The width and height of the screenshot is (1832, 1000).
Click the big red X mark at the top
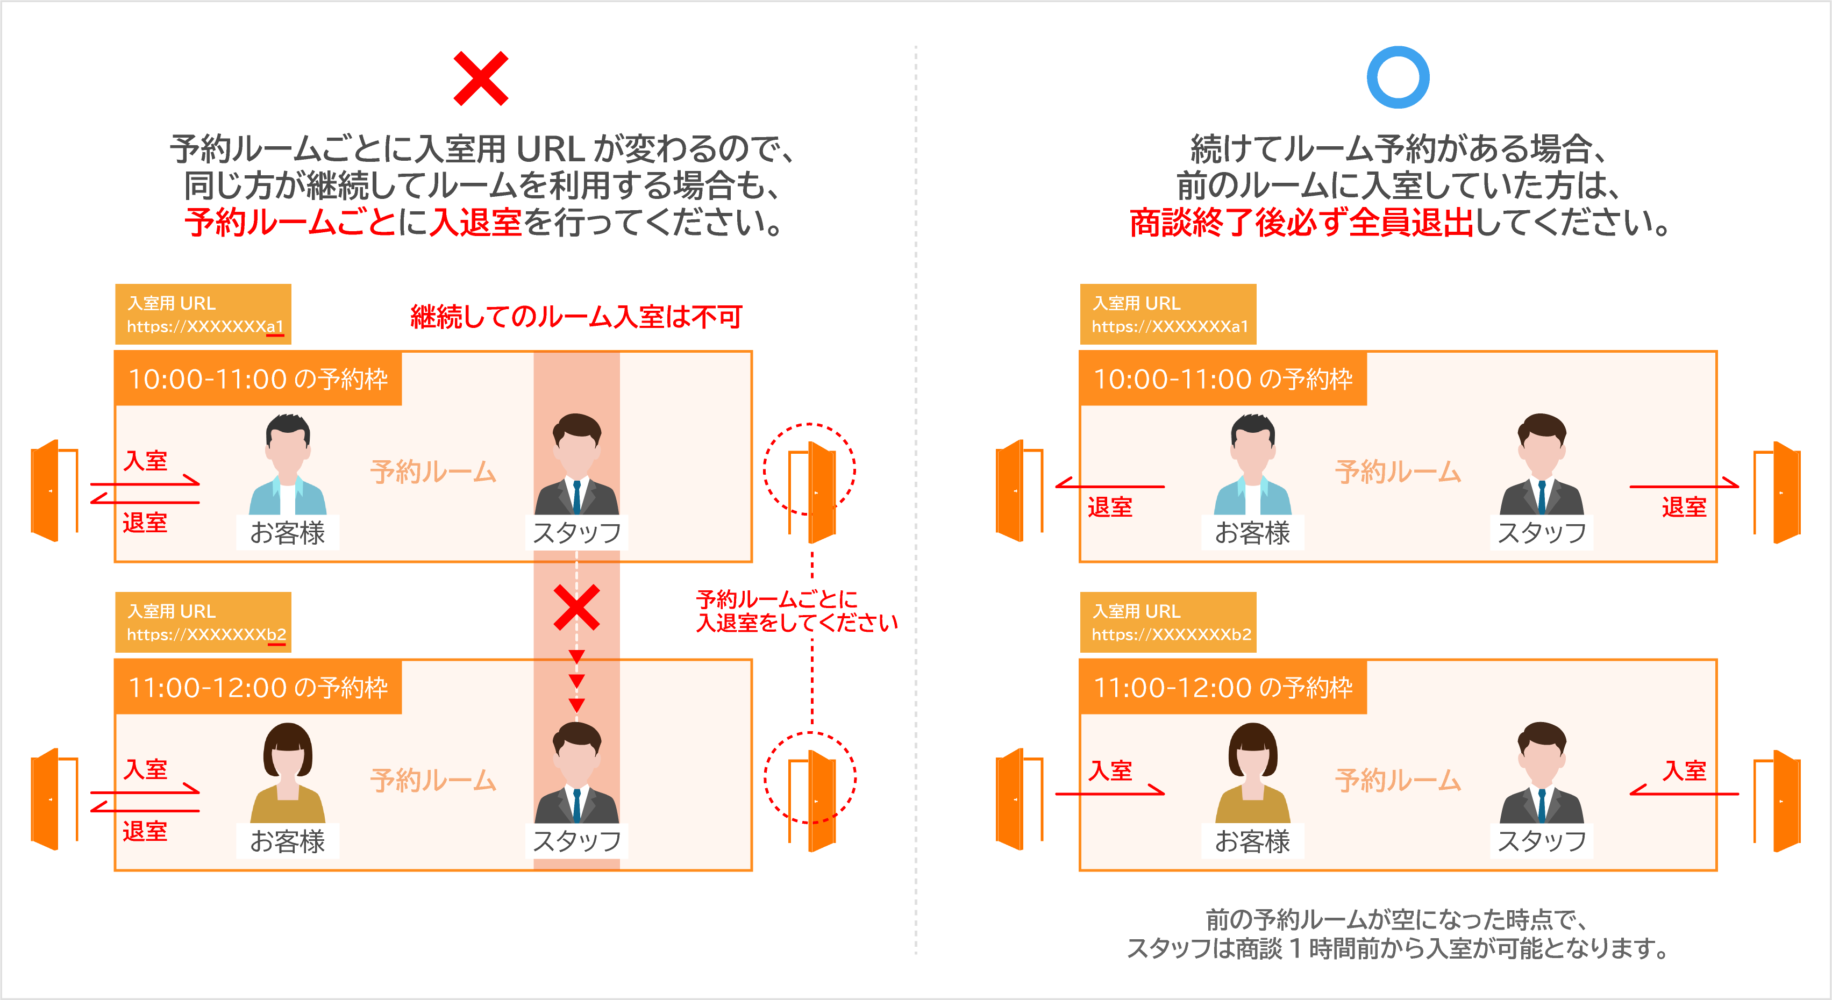481,78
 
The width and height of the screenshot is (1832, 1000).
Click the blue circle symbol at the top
1398,77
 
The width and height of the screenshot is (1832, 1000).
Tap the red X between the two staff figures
577,608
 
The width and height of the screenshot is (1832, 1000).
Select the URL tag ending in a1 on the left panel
203,315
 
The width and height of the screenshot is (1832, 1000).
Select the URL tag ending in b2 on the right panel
1168,623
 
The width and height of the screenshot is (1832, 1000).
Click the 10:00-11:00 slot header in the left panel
258,379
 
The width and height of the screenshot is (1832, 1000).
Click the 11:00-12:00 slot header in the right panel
1223,687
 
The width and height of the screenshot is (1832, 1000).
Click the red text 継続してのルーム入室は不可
576,317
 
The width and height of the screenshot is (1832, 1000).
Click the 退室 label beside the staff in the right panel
1684,507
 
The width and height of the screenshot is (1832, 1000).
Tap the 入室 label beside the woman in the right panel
1110,770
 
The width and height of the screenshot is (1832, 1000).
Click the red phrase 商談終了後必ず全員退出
1301,223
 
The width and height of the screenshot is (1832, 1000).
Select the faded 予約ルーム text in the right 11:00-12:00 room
1398,780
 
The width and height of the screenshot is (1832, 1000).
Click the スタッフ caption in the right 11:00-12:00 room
1541,841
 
